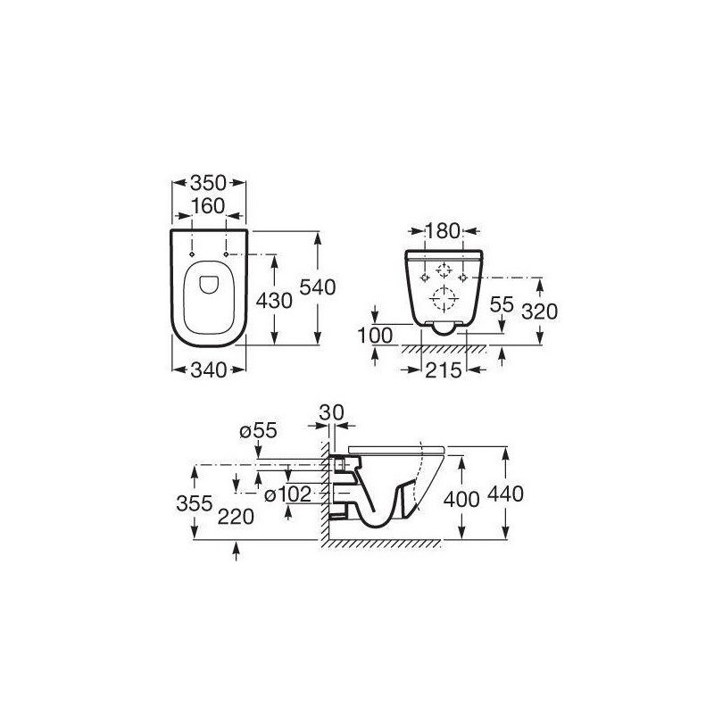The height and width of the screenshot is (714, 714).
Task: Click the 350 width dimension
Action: [208, 183]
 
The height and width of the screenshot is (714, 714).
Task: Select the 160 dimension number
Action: [208, 206]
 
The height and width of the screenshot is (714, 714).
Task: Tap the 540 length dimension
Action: [318, 287]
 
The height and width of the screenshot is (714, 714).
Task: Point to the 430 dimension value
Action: [274, 301]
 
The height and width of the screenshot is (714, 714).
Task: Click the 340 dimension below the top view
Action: [208, 370]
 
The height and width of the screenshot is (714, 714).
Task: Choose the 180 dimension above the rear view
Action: [443, 231]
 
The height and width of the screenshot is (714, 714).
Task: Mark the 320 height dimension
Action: [540, 311]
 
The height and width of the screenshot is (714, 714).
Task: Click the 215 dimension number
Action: [443, 370]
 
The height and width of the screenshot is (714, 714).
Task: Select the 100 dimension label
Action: [375, 336]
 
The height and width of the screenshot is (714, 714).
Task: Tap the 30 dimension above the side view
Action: [331, 413]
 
